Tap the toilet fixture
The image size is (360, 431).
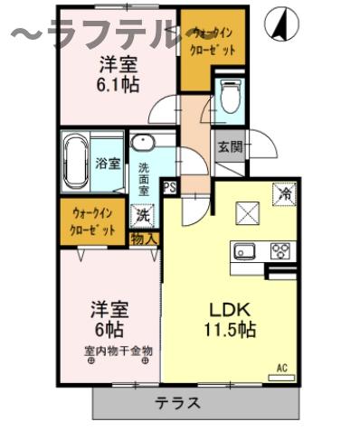tap(231, 98)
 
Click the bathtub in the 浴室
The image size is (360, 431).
tap(75, 163)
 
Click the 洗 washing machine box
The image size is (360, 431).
tap(142, 216)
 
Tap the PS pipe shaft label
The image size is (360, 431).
tap(169, 187)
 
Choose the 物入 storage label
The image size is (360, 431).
tap(144, 239)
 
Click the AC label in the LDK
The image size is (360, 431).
tap(282, 369)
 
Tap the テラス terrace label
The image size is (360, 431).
tap(177, 403)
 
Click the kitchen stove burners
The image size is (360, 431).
tap(279, 251)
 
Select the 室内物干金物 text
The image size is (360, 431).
tap(118, 350)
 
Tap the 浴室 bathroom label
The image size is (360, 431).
tap(109, 164)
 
